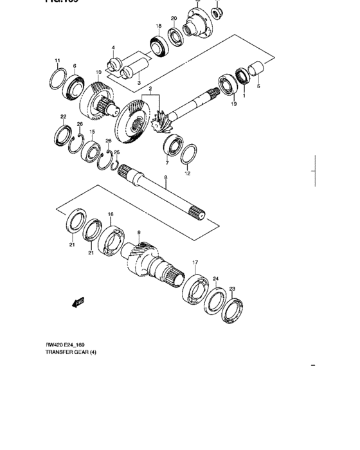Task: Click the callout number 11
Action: (x=57, y=61)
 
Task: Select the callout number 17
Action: (x=195, y=262)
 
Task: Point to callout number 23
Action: (x=232, y=289)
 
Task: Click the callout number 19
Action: (x=234, y=104)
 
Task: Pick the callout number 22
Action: (x=63, y=117)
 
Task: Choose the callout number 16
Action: (x=110, y=214)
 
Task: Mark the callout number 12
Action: (x=188, y=173)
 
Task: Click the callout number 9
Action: (x=138, y=232)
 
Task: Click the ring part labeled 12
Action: (x=188, y=154)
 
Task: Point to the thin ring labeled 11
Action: (x=57, y=80)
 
